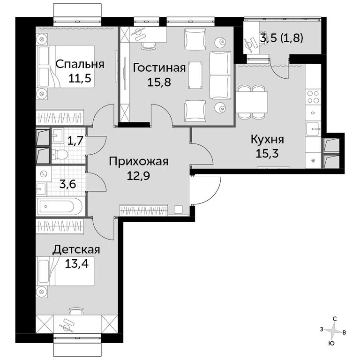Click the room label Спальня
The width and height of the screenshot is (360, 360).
click(80, 64)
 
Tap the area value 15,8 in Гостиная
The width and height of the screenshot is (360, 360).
click(159, 82)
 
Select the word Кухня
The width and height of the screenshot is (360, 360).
click(267, 139)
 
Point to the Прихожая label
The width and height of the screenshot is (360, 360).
click(138, 162)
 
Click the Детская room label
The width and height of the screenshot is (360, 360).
click(76, 250)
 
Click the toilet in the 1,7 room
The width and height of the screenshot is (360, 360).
click(60, 154)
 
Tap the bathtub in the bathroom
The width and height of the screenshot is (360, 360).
click(60, 207)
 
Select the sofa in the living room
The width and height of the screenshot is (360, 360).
click(220, 75)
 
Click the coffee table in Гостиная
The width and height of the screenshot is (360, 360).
click(195, 75)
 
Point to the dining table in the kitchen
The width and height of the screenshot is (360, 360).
click(252, 102)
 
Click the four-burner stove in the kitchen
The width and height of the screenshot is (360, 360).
click(313, 97)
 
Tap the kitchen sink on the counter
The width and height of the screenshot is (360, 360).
click(313, 129)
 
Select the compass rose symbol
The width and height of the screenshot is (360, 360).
click(333, 331)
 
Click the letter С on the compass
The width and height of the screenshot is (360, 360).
click(335, 319)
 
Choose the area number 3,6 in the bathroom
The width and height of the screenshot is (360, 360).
click(67, 184)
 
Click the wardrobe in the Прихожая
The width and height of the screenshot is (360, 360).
click(144, 210)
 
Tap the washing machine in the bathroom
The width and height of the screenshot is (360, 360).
click(44, 174)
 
